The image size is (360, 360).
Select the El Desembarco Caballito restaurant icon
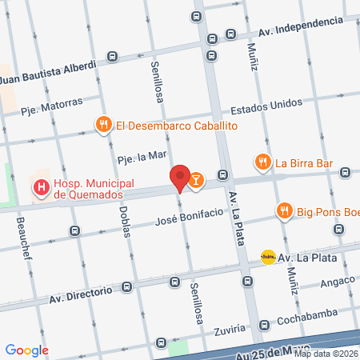[x=103, y=125]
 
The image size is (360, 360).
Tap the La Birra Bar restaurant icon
[x=263, y=162]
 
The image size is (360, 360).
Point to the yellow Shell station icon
[x=268, y=257]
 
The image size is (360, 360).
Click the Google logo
[x=27, y=350]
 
